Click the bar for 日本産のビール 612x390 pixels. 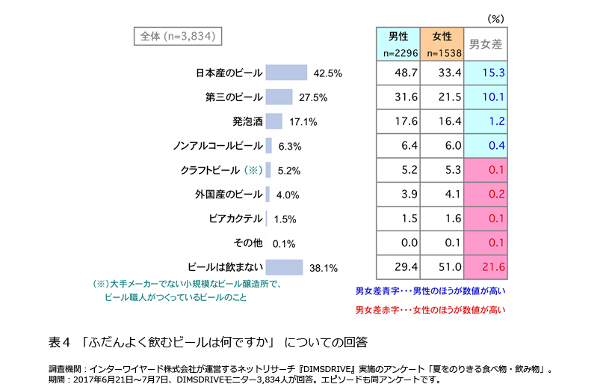[x=286, y=73]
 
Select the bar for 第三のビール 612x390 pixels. [x=279, y=97]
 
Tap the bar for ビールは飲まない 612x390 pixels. [x=284, y=267]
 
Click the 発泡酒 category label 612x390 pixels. [x=247, y=121]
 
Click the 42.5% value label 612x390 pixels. [x=328, y=73]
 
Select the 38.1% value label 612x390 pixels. [x=324, y=268]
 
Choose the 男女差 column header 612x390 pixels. [x=485, y=44]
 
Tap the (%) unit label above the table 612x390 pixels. [x=495, y=17]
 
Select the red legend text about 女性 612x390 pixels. [x=430, y=309]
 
